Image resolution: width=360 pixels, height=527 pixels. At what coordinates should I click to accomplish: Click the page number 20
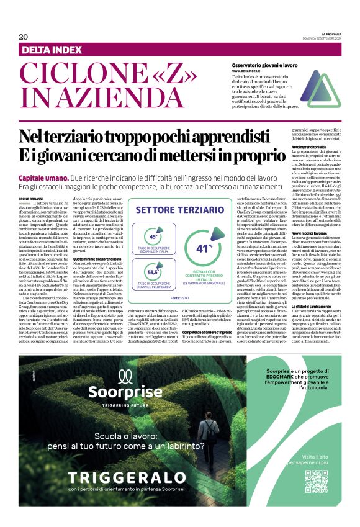(x=23, y=37)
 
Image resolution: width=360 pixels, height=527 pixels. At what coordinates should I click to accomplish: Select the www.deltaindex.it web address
(x=251, y=71)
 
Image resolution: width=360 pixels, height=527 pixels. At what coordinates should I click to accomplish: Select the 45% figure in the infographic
(x=153, y=236)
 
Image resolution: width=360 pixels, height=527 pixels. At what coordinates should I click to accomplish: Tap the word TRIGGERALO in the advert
(x=127, y=495)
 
